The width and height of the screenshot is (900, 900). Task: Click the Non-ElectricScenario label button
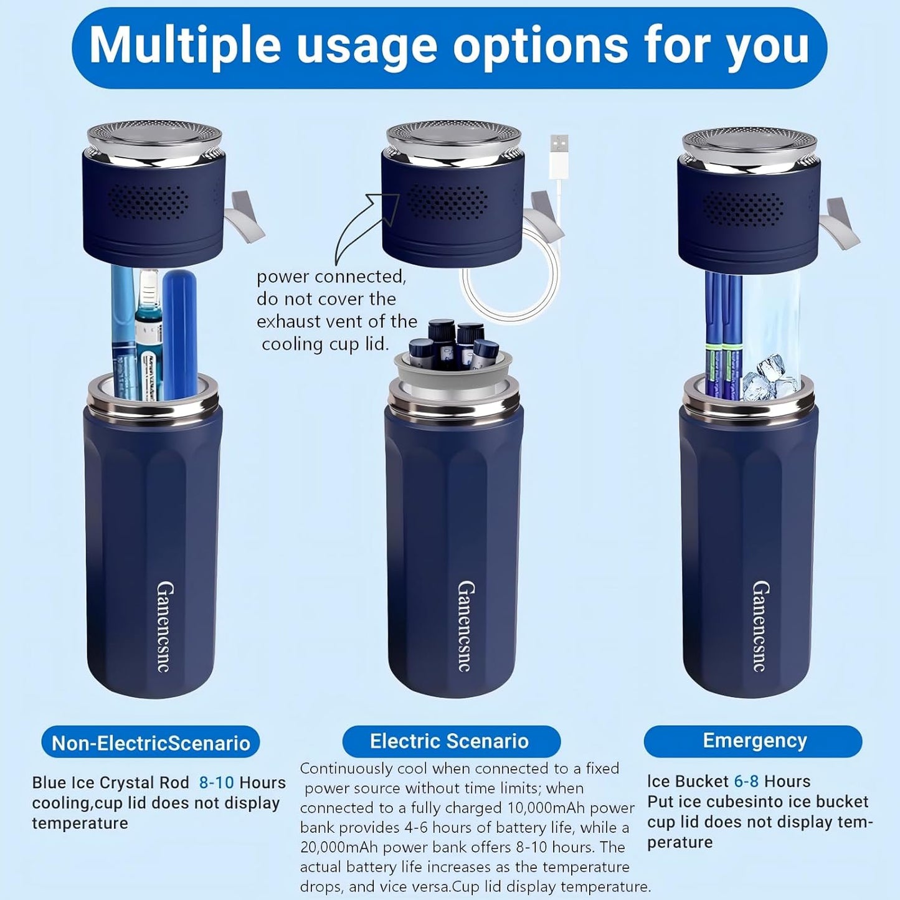[x=151, y=742]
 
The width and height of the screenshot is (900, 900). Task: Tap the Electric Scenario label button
[x=450, y=741]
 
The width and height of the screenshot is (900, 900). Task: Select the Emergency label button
[x=754, y=741]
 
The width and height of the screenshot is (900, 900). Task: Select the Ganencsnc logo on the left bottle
[x=164, y=627]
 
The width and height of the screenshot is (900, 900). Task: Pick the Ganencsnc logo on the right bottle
[x=760, y=626]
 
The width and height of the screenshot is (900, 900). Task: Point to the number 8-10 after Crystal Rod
[x=217, y=783]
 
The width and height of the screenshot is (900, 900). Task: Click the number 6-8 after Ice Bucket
[x=746, y=782]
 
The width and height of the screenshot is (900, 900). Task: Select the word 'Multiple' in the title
[x=185, y=45]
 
